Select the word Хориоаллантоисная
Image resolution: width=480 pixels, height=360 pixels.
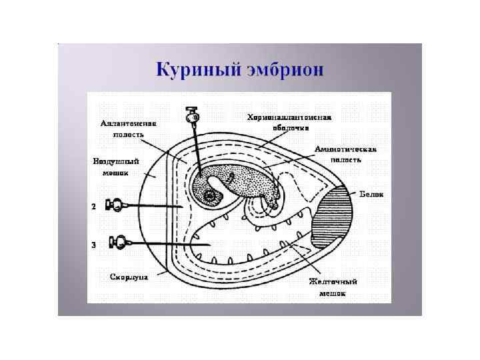[x=289, y=118]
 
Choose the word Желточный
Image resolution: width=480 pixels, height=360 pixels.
[x=329, y=282]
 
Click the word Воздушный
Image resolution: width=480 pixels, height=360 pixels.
[x=115, y=161]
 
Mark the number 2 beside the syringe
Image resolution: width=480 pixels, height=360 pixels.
[x=93, y=207]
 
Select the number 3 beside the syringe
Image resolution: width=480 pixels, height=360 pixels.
[x=93, y=245]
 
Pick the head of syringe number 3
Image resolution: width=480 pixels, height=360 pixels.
[x=121, y=242]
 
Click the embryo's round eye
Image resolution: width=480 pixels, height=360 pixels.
[x=211, y=196]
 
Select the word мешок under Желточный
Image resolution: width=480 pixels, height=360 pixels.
[x=329, y=292]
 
